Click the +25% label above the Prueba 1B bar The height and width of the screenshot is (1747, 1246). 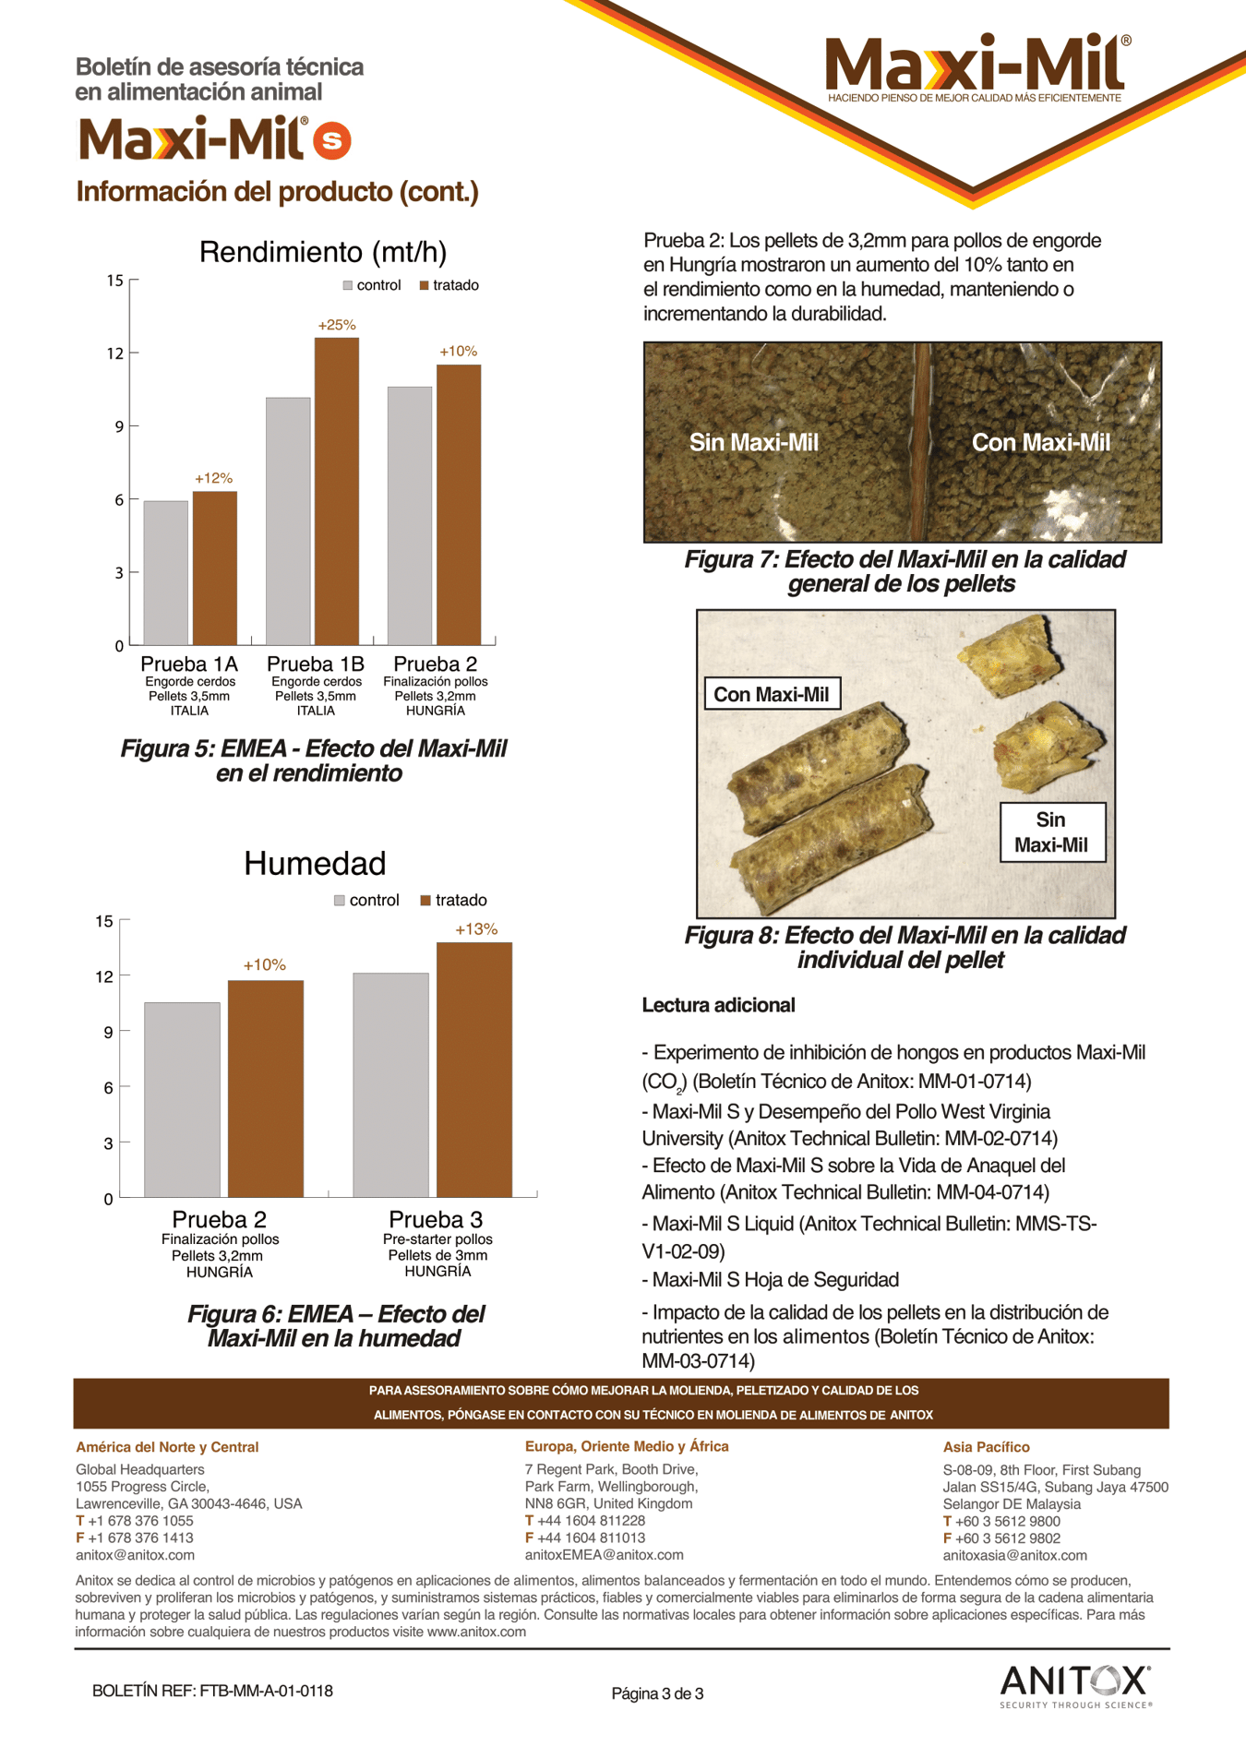tap(337, 325)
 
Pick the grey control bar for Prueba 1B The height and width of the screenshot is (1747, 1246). tap(288, 521)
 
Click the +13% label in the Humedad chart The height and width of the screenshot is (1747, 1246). tap(476, 929)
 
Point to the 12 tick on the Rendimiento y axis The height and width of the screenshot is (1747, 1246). tap(115, 353)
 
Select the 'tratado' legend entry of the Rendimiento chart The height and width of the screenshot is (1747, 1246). tap(449, 285)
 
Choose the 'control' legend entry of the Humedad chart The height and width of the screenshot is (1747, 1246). tap(366, 900)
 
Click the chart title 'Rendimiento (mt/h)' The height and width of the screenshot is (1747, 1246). tap(323, 252)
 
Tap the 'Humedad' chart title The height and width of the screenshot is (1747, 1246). tap(315, 864)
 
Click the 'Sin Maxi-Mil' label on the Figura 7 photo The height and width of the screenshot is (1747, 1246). tap(754, 443)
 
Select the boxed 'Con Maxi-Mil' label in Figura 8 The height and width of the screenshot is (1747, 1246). tap(772, 694)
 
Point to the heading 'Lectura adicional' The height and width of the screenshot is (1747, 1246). tap(718, 1005)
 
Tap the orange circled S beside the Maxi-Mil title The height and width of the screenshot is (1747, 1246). tap(331, 140)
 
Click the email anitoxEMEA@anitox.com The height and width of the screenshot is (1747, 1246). tap(604, 1555)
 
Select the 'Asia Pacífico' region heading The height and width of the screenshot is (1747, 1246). tap(986, 1447)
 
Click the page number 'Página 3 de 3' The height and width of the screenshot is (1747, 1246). tap(657, 1693)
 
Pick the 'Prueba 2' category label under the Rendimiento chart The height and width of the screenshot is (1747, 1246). tap(435, 664)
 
